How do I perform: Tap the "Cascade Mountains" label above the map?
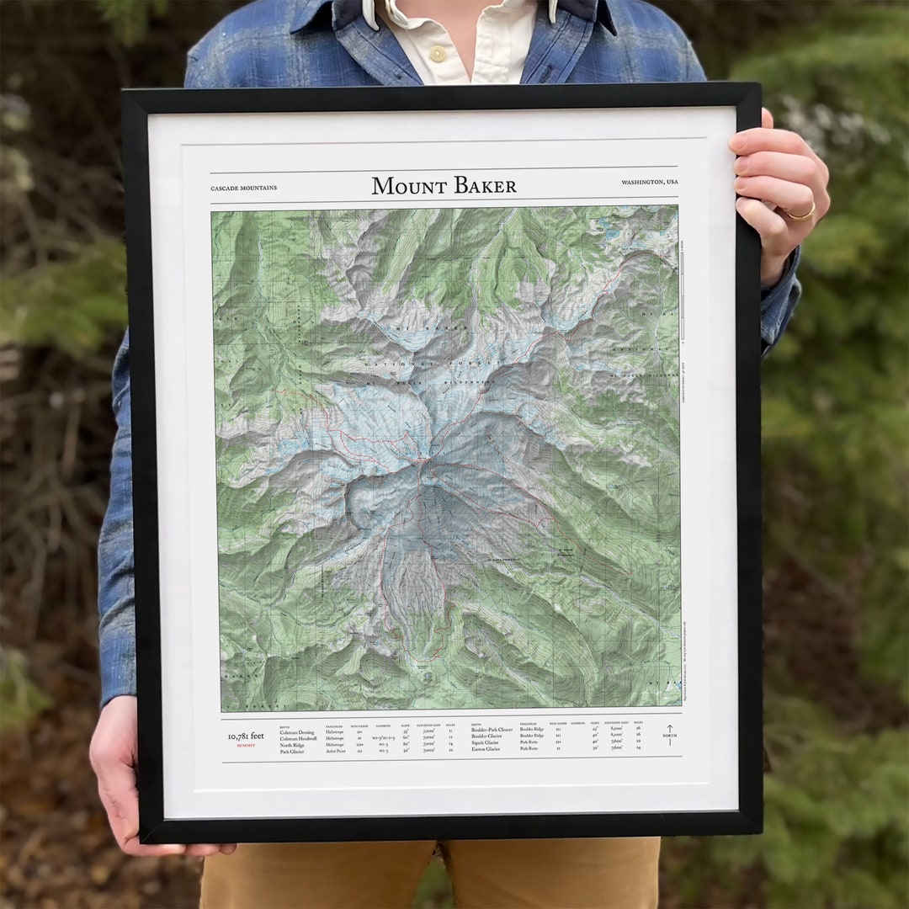243,188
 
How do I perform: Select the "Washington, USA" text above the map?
650,183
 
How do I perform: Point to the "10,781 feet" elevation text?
246,736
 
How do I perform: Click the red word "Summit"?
246,746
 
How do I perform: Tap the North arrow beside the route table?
670,734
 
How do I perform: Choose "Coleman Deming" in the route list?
297,732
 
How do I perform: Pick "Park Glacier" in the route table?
293,752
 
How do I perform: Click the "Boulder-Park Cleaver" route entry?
492,730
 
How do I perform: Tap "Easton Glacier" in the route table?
486,749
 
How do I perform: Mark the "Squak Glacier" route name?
486,742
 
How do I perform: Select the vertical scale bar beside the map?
683,295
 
